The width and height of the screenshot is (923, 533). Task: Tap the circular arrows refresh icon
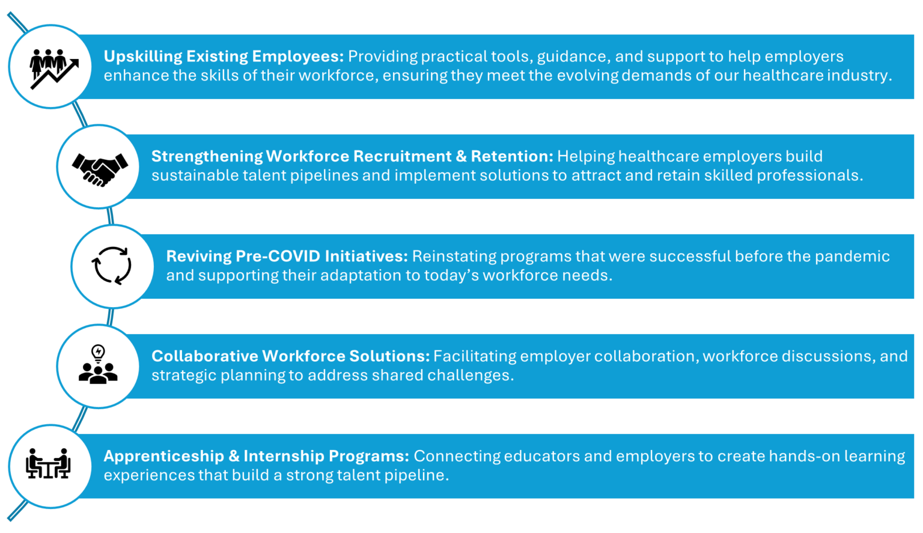tap(111, 266)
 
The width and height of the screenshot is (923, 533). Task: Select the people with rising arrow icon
tap(53, 69)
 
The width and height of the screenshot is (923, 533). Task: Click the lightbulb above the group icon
tap(98, 353)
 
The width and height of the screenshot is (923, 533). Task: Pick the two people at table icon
tap(48, 463)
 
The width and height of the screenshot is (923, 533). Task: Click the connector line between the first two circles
tap(79, 115)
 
